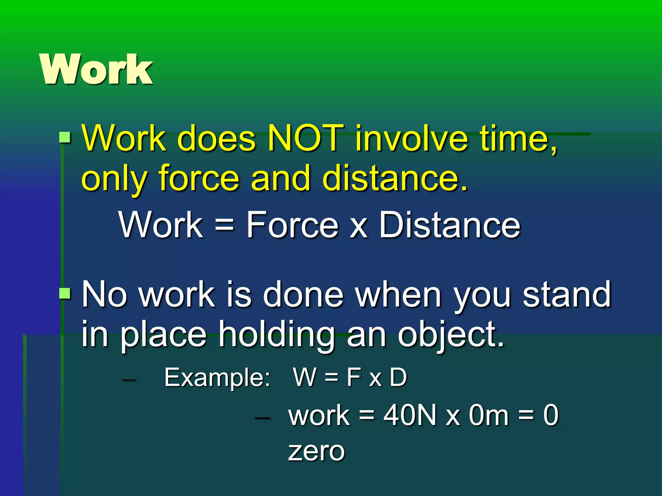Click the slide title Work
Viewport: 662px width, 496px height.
click(96, 69)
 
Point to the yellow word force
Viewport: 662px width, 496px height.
click(199, 178)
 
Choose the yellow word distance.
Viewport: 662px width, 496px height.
click(395, 178)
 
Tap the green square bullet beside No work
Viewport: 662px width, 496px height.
click(65, 294)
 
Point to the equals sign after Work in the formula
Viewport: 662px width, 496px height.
click(224, 225)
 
